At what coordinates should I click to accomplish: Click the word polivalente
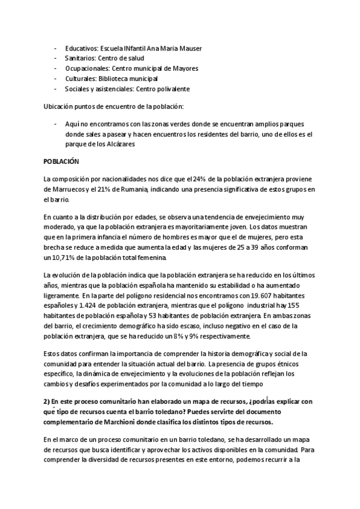(x=174, y=89)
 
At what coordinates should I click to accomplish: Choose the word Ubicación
(x=58, y=106)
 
